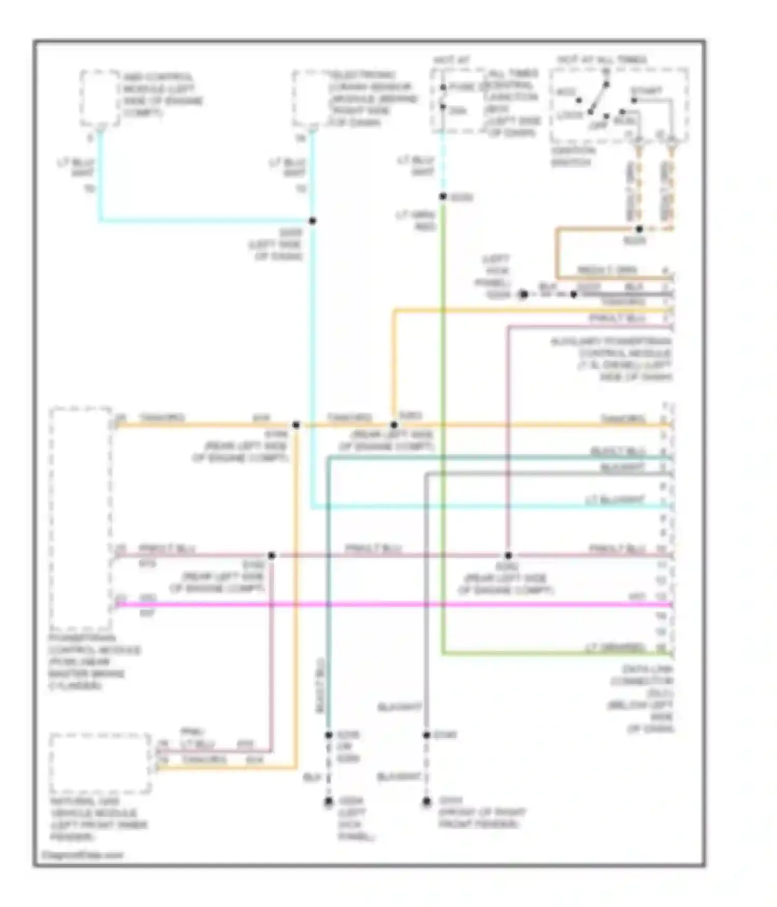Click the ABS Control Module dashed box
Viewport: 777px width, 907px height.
click(99, 98)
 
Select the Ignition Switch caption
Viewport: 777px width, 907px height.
click(573, 156)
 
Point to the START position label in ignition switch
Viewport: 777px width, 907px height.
click(645, 91)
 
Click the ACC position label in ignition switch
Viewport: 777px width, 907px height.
click(566, 92)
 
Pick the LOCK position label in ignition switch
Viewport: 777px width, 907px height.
click(570, 114)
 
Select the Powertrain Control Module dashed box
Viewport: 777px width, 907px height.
click(80, 518)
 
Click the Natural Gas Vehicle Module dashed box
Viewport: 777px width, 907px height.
click(99, 763)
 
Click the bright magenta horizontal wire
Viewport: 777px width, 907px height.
click(394, 604)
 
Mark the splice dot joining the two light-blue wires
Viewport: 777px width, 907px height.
click(312, 221)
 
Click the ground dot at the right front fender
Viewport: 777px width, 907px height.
click(426, 802)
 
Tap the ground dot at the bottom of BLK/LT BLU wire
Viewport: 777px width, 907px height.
click(328, 802)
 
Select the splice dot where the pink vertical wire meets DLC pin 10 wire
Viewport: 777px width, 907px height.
click(508, 555)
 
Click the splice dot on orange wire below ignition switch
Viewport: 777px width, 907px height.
click(639, 228)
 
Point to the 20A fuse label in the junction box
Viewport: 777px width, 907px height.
click(457, 110)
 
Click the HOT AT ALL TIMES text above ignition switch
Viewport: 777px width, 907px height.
click(602, 60)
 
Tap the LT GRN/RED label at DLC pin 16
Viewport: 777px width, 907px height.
click(614, 647)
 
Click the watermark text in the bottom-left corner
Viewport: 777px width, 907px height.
click(83, 855)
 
